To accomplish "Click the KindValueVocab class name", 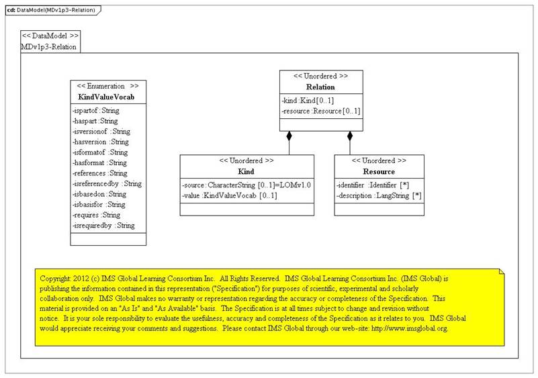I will tap(108, 97).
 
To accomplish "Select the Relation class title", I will tap(320, 87).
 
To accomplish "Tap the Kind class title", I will tap(246, 171).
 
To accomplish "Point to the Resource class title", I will tap(379, 171).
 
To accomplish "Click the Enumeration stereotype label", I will tap(108, 87).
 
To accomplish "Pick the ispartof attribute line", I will tap(95, 110).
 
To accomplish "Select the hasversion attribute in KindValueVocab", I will tap(100, 142).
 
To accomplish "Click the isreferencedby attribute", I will tap(106, 183).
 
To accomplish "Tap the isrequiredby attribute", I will tap(103, 226).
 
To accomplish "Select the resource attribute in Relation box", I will tap(321, 111).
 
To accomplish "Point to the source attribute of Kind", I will tap(246, 185).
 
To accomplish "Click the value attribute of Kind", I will tap(230, 195).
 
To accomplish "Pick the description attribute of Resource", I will tap(379, 195).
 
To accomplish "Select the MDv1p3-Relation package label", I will tap(49, 46).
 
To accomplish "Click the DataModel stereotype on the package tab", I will tap(50, 36).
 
